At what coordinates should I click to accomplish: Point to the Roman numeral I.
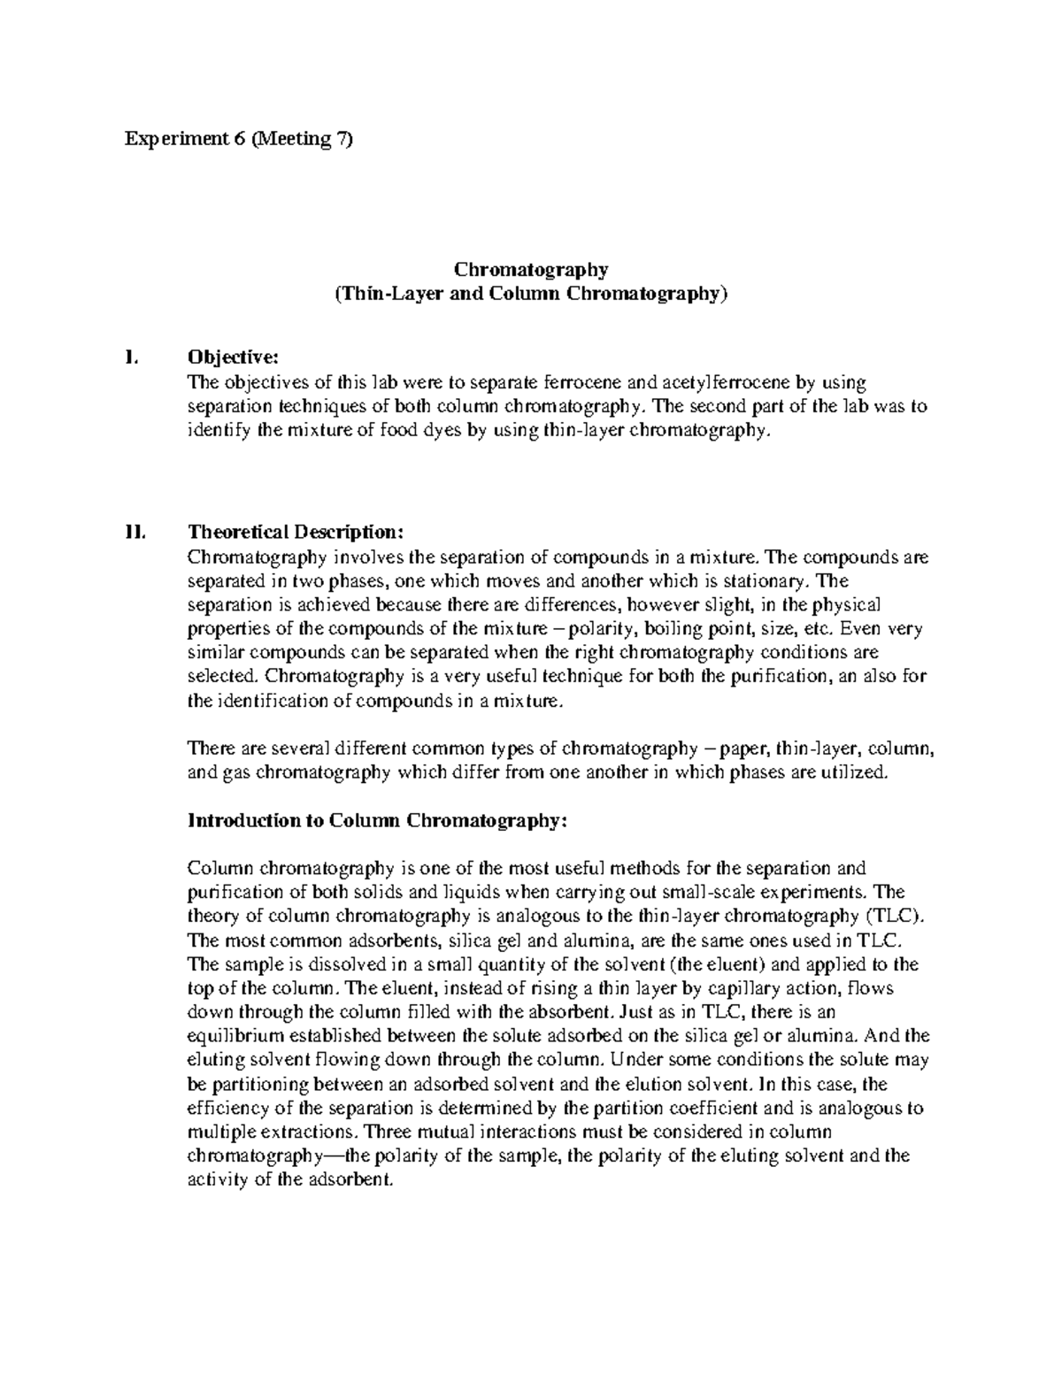(131, 357)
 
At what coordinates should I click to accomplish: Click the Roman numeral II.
(135, 533)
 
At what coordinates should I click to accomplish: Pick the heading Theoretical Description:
(296, 533)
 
